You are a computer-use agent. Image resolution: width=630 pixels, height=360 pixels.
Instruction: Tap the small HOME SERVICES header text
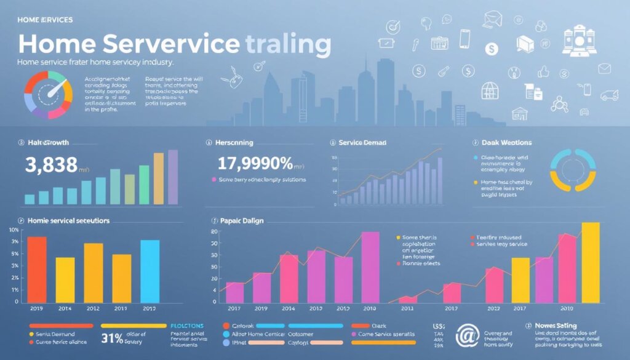tap(45, 20)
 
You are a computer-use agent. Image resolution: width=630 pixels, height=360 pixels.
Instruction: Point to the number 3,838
tap(51, 164)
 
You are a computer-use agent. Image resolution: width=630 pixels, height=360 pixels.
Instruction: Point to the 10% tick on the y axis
tap(14, 230)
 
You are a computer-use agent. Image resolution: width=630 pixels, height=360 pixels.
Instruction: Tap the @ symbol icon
tap(467, 336)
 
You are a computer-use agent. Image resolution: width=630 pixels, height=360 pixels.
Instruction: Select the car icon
tap(608, 95)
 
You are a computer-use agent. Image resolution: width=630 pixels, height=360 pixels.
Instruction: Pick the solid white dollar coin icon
tap(491, 49)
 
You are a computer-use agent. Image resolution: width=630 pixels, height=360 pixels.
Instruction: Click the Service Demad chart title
tap(362, 142)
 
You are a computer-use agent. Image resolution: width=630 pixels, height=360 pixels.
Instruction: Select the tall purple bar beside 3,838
tap(173, 177)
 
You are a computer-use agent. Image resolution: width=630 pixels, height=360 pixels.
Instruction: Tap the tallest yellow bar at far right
tap(590, 263)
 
